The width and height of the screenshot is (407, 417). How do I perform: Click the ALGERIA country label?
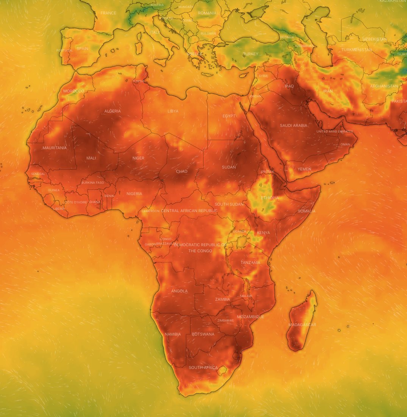tap(112, 111)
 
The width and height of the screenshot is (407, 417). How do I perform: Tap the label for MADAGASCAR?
tap(302, 325)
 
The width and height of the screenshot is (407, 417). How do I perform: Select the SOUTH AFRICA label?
tap(203, 367)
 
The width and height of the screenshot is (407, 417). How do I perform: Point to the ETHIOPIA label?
tap(270, 198)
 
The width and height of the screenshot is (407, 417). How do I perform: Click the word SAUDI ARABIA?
tap(294, 125)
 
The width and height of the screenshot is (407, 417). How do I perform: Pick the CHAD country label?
tap(182, 171)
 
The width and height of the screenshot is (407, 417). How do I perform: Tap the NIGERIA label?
tap(134, 194)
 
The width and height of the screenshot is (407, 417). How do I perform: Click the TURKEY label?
tap(251, 54)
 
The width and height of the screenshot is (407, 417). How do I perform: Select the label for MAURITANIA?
tap(55, 148)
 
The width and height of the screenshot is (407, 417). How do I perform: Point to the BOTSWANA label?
tap(203, 334)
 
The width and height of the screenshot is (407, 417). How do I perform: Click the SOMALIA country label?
tap(307, 211)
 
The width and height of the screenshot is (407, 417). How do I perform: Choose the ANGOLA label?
tap(179, 291)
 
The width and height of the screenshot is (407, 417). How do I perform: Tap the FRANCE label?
tap(108, 13)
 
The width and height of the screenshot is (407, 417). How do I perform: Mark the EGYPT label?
tap(229, 116)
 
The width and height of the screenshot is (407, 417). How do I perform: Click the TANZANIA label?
tap(251, 262)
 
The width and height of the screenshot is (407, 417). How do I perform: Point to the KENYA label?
tap(264, 233)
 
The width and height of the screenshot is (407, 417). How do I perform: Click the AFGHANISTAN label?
tap(384, 86)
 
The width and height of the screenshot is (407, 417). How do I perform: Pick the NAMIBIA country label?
tap(173, 334)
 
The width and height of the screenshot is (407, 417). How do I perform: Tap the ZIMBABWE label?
tap(225, 320)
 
